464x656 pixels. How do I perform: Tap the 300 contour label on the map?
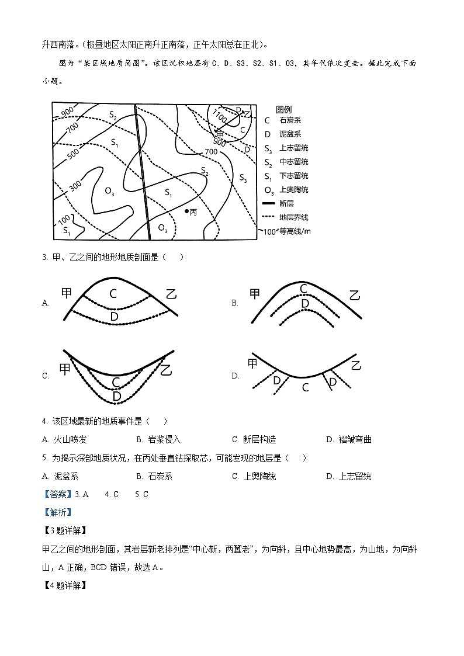coord(75,186)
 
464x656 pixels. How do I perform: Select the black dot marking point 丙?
coord(186,211)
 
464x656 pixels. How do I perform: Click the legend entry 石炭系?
coord(290,120)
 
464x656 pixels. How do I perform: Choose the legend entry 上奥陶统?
coord(293,190)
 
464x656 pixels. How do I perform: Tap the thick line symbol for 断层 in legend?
coord(269,203)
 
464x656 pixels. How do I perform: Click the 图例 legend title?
coord(284,109)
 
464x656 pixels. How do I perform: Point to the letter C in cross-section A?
coord(113,294)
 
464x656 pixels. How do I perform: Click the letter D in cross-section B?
coord(304,303)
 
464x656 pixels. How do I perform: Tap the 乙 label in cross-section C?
coord(167,370)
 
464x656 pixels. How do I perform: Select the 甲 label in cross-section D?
coord(252,363)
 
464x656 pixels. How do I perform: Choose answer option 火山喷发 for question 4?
coord(70,439)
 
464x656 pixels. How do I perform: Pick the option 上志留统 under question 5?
coord(355,476)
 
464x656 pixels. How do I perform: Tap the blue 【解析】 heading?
coord(57,512)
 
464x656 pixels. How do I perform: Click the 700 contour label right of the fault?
coord(210,152)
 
